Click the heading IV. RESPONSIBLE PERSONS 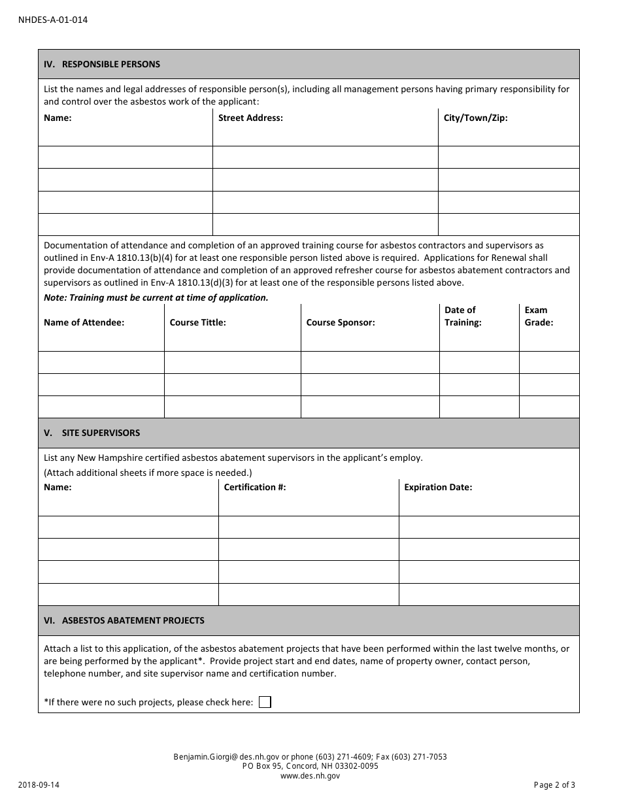[102, 64]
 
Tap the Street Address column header [250, 118]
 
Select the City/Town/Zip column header [475, 118]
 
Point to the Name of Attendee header [84, 323]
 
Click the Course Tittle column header [197, 323]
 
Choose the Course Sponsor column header [341, 323]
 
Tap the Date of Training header [463, 316]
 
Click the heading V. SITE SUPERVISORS [92, 433]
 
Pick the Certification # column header [255, 487]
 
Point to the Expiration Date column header [438, 487]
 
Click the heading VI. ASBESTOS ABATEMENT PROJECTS [124, 620]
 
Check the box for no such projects [265, 702]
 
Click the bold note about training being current [156, 297]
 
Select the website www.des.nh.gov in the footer [310, 776]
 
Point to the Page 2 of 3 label [554, 786]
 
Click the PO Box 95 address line [310, 766]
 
